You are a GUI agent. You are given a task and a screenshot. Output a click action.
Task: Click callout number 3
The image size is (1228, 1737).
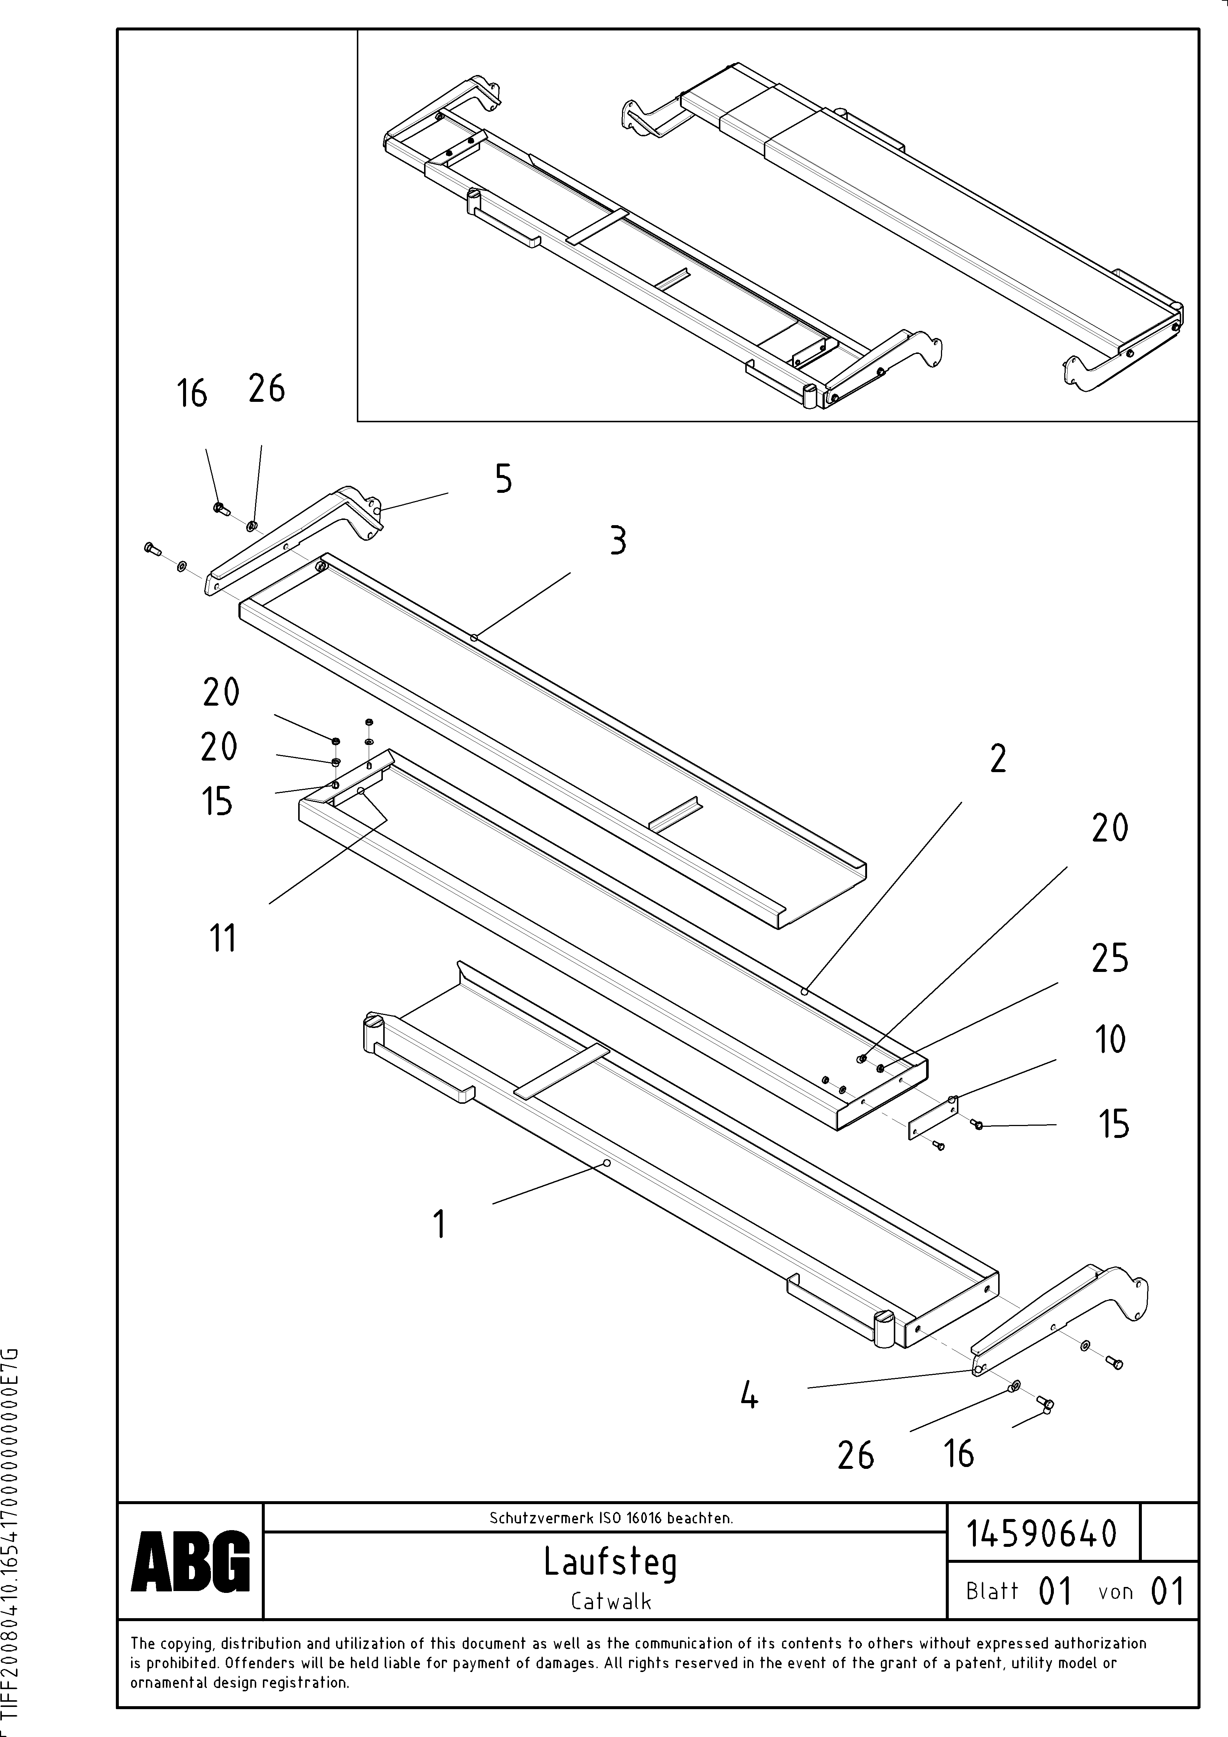618,542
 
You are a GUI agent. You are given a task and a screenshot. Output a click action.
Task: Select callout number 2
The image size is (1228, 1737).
998,759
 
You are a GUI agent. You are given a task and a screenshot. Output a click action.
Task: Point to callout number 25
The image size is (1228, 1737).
1109,959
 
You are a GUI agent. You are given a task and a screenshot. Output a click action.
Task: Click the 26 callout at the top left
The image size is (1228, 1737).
266,389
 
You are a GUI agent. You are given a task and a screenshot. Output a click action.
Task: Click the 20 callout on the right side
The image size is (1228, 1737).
1109,829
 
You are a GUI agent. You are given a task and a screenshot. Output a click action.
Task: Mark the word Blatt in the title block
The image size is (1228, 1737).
992,1591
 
